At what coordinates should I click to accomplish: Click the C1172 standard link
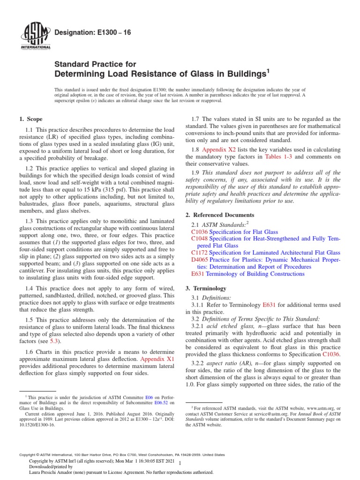200,252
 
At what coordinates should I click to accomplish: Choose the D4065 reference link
200,260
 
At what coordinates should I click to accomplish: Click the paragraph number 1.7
198,119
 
